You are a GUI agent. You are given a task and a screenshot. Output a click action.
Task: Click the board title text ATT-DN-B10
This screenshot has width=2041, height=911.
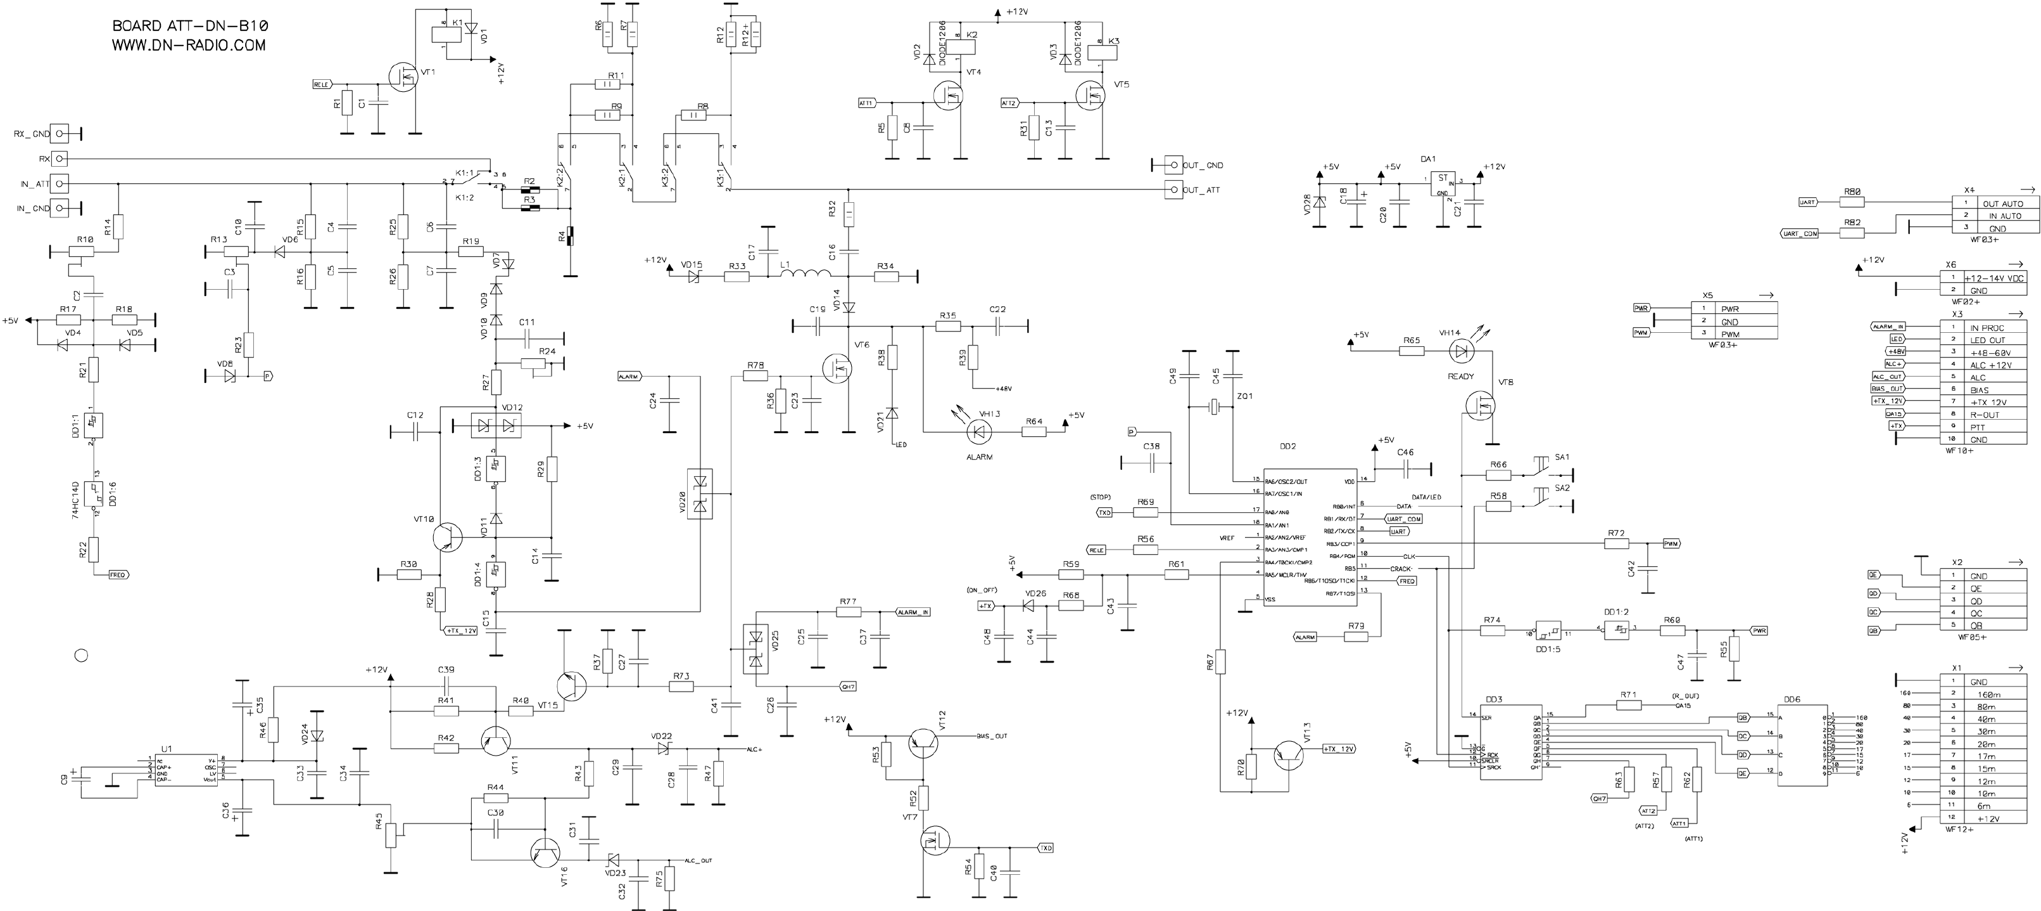[x=189, y=26]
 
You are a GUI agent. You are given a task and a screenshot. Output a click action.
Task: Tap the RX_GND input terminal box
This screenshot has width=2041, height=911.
[x=59, y=134]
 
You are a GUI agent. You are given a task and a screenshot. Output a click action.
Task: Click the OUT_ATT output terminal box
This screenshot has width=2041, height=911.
[x=1173, y=190]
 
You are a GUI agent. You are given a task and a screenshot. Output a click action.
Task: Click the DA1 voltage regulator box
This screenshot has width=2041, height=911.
[x=1442, y=186]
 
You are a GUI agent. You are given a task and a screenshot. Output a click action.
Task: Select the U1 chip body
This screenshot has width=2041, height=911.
[x=187, y=769]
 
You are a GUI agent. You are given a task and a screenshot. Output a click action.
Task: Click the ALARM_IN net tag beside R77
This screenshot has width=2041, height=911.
[x=913, y=612]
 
